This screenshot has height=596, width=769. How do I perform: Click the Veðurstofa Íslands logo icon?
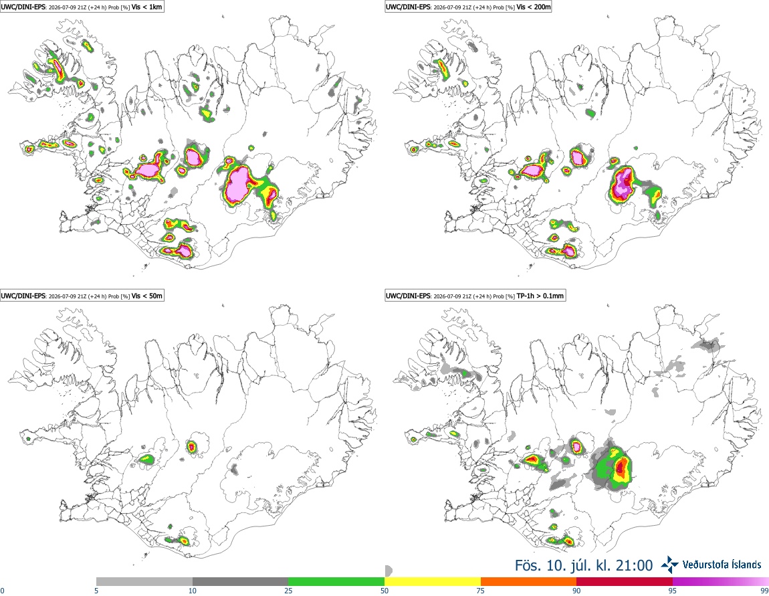click(x=669, y=565)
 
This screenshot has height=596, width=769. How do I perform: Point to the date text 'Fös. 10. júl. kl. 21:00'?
click(x=584, y=565)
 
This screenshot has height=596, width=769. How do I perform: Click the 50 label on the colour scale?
click(x=384, y=591)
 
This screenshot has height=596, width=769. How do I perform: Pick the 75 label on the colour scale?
click(x=481, y=591)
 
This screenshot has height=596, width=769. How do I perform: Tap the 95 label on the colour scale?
click(x=673, y=591)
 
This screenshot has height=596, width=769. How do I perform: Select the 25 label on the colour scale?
click(x=288, y=591)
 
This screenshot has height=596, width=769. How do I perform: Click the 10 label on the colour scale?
click(x=193, y=591)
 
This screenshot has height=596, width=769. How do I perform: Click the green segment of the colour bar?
click(x=336, y=581)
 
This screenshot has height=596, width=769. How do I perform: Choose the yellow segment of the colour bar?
click(x=433, y=581)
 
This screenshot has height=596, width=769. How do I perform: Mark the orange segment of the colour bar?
click(x=529, y=581)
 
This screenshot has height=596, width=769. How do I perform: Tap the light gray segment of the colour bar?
click(x=144, y=581)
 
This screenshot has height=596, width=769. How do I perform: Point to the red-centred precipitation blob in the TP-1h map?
click(x=621, y=466)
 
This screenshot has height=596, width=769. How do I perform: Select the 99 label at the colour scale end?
click(x=764, y=591)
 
